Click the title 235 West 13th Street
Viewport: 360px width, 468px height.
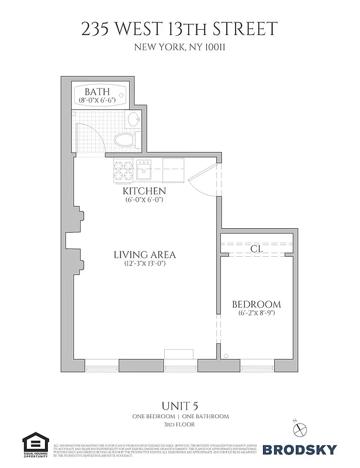pos(180,29)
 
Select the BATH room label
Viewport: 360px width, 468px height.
pos(97,92)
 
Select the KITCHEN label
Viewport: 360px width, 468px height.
pos(144,191)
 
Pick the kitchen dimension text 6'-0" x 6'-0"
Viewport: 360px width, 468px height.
pos(144,199)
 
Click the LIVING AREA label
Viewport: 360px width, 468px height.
pos(144,254)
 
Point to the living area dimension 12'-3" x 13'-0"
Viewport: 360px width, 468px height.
pos(144,264)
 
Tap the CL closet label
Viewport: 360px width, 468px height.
pos(255,249)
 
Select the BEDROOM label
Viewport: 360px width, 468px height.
pos(256,304)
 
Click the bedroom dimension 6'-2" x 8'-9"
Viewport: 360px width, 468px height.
pos(256,313)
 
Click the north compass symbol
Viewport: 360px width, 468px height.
pos(300,429)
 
